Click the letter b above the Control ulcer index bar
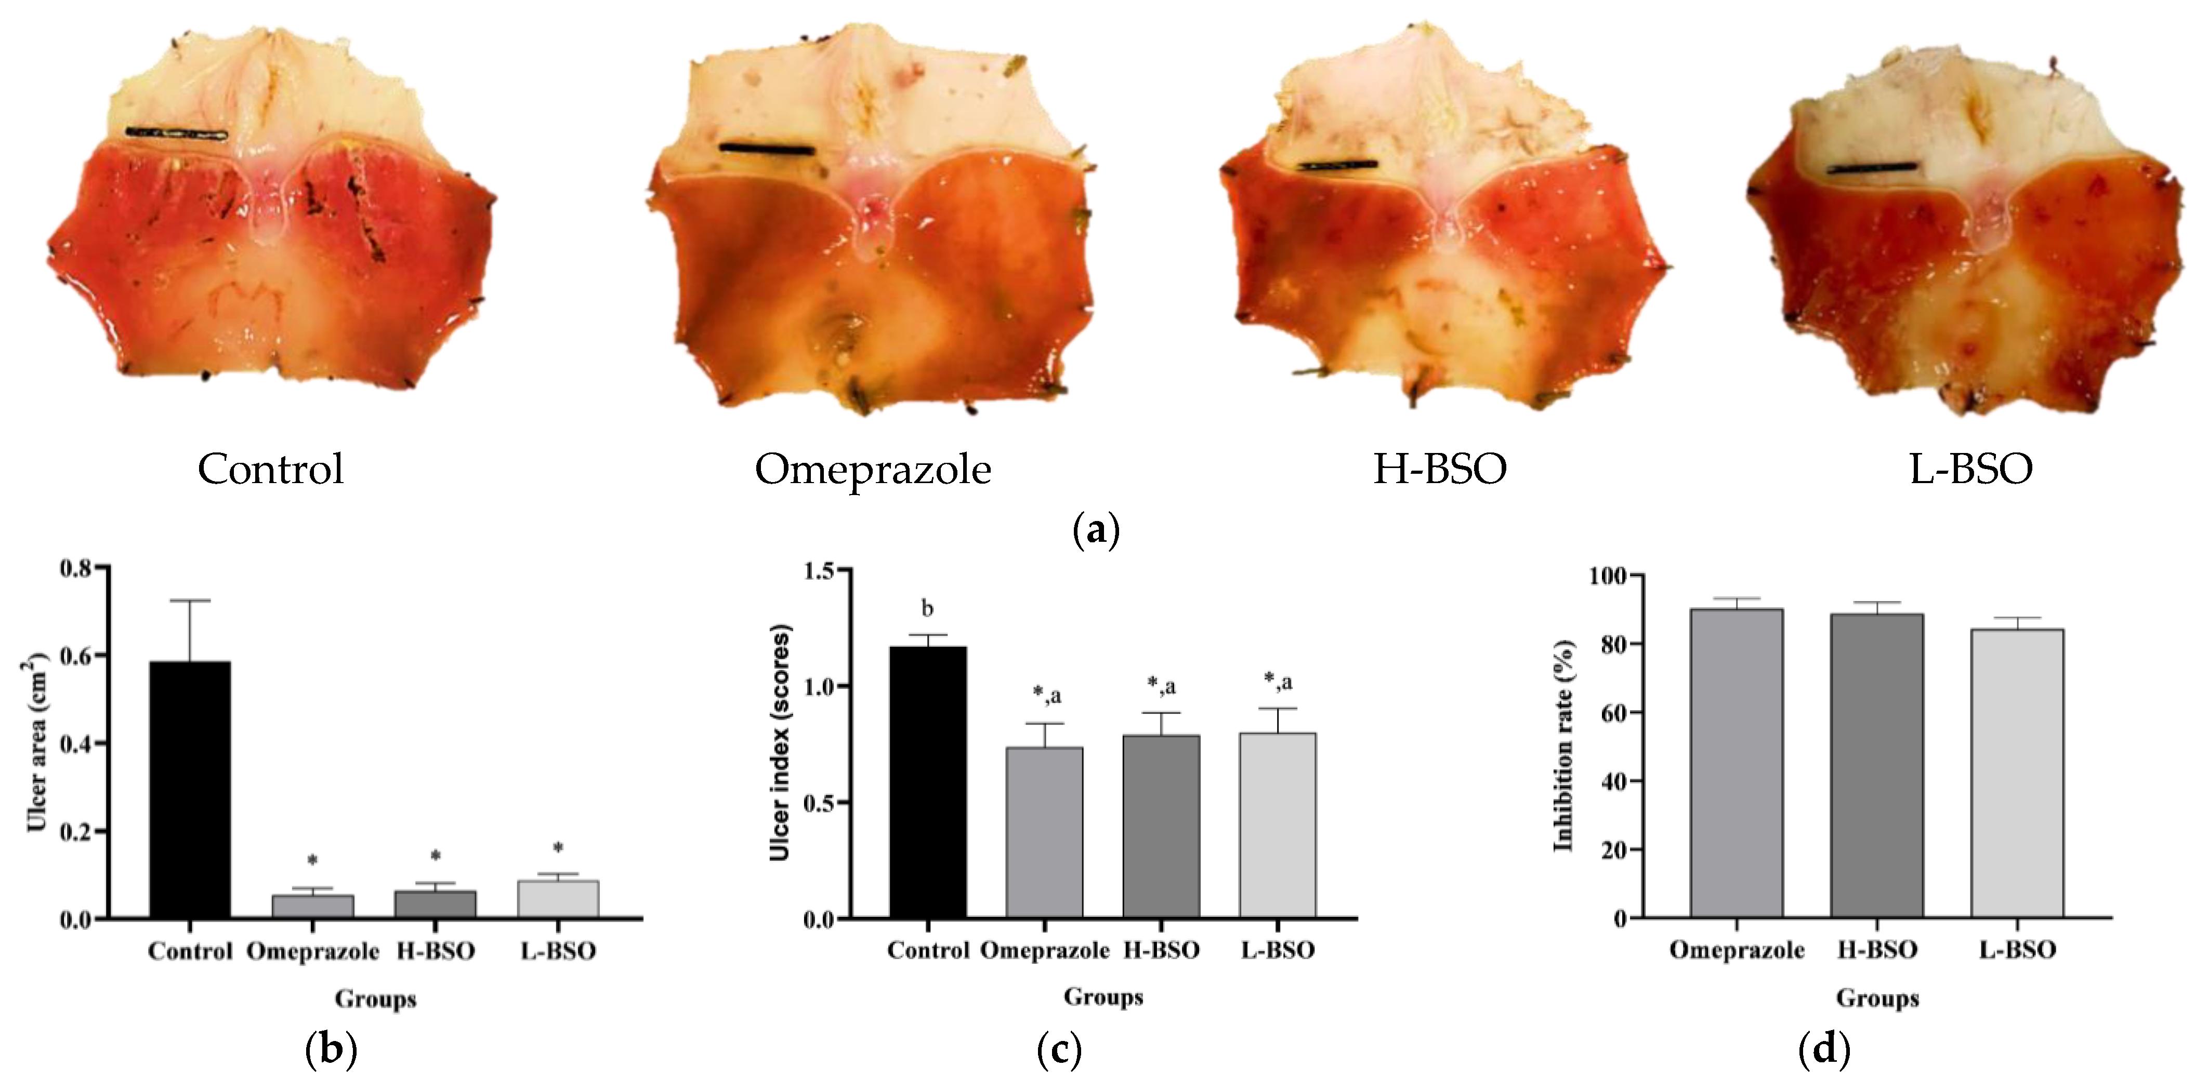pyautogui.click(x=927, y=609)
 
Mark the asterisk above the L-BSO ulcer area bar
pyautogui.click(x=558, y=848)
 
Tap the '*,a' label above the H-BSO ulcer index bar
pyautogui.click(x=1161, y=686)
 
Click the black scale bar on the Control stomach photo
pyautogui.click(x=176, y=133)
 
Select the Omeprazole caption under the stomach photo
pyautogui.click(x=873, y=470)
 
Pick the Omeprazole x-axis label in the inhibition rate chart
pyautogui.click(x=1737, y=950)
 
